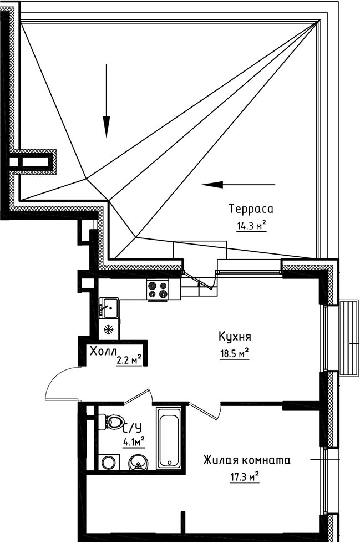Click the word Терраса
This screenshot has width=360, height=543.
251,209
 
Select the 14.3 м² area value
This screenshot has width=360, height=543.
251,226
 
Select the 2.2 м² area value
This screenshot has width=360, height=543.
129,361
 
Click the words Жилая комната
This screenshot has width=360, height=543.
246,460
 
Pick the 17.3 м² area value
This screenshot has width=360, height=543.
245,476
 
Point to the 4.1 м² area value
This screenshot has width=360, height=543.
134,442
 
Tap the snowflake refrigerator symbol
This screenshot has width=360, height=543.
109,330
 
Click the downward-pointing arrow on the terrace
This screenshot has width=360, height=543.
106,100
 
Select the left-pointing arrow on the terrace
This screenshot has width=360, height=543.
239,184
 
